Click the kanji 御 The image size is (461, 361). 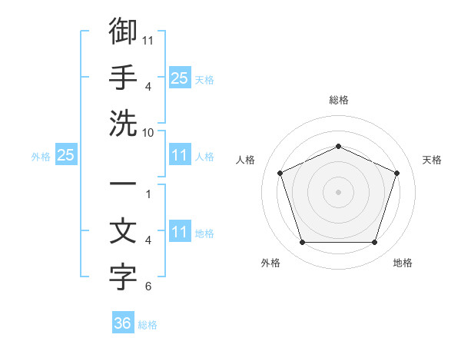point(123,31)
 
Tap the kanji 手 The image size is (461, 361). point(123,77)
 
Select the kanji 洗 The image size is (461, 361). point(123,123)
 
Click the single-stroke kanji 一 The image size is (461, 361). point(123,184)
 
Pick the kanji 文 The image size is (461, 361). point(123,230)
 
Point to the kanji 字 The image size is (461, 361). point(123,277)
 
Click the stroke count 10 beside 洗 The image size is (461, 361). point(148,133)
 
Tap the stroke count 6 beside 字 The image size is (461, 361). point(148,286)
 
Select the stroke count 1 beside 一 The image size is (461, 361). point(148,194)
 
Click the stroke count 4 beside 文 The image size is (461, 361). point(148,240)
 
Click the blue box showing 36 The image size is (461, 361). point(123,322)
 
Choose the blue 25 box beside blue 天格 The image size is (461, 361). point(180,78)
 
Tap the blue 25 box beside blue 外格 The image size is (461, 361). point(66,154)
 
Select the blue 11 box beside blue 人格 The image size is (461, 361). point(180,154)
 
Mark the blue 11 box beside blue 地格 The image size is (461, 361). point(180,230)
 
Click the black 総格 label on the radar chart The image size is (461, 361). point(339,100)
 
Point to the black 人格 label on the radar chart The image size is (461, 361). point(245,160)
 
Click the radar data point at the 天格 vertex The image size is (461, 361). point(396,173)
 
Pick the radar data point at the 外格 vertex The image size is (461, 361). point(303,242)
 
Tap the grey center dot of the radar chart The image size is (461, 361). point(338,192)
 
